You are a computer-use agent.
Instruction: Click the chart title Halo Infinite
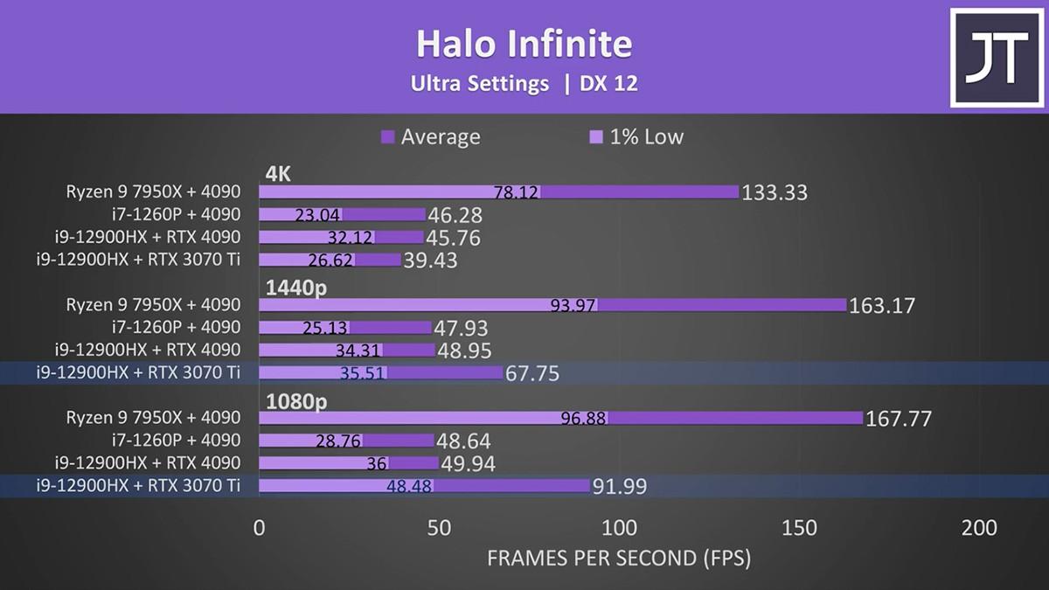(524, 44)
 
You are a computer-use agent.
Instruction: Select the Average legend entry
(431, 136)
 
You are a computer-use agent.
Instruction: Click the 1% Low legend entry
(636, 136)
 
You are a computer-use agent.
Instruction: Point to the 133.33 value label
(775, 192)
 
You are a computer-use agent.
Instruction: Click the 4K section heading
(278, 174)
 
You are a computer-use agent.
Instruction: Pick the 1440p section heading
(296, 288)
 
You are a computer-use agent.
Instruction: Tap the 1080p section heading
(296, 401)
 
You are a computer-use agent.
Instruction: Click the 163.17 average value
(882, 306)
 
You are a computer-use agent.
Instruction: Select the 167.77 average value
(899, 419)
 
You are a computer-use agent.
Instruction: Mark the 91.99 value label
(620, 487)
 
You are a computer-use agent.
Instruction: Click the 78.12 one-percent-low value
(516, 192)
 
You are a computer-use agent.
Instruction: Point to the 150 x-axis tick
(799, 528)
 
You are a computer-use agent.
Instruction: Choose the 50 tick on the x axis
(439, 528)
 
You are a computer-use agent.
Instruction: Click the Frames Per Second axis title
(619, 559)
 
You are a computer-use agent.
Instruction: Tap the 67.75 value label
(532, 374)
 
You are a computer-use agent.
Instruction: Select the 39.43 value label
(430, 260)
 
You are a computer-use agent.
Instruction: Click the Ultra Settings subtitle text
(480, 84)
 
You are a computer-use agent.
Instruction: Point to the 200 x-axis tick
(979, 528)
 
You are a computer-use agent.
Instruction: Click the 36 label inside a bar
(377, 463)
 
